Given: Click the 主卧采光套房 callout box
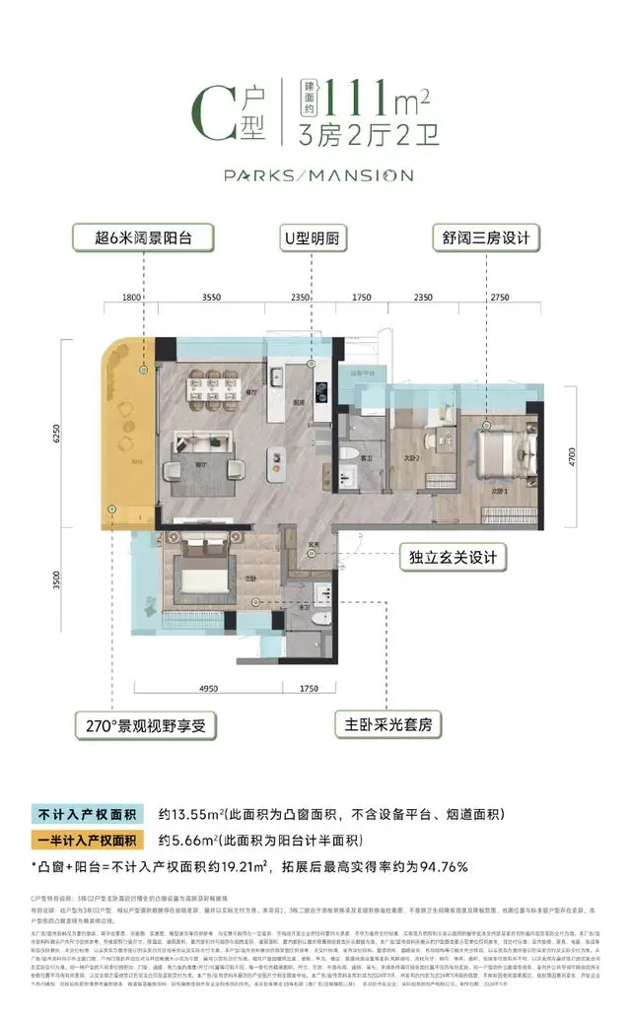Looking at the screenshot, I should pos(386,727).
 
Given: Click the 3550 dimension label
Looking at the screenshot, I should pos(209,296).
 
